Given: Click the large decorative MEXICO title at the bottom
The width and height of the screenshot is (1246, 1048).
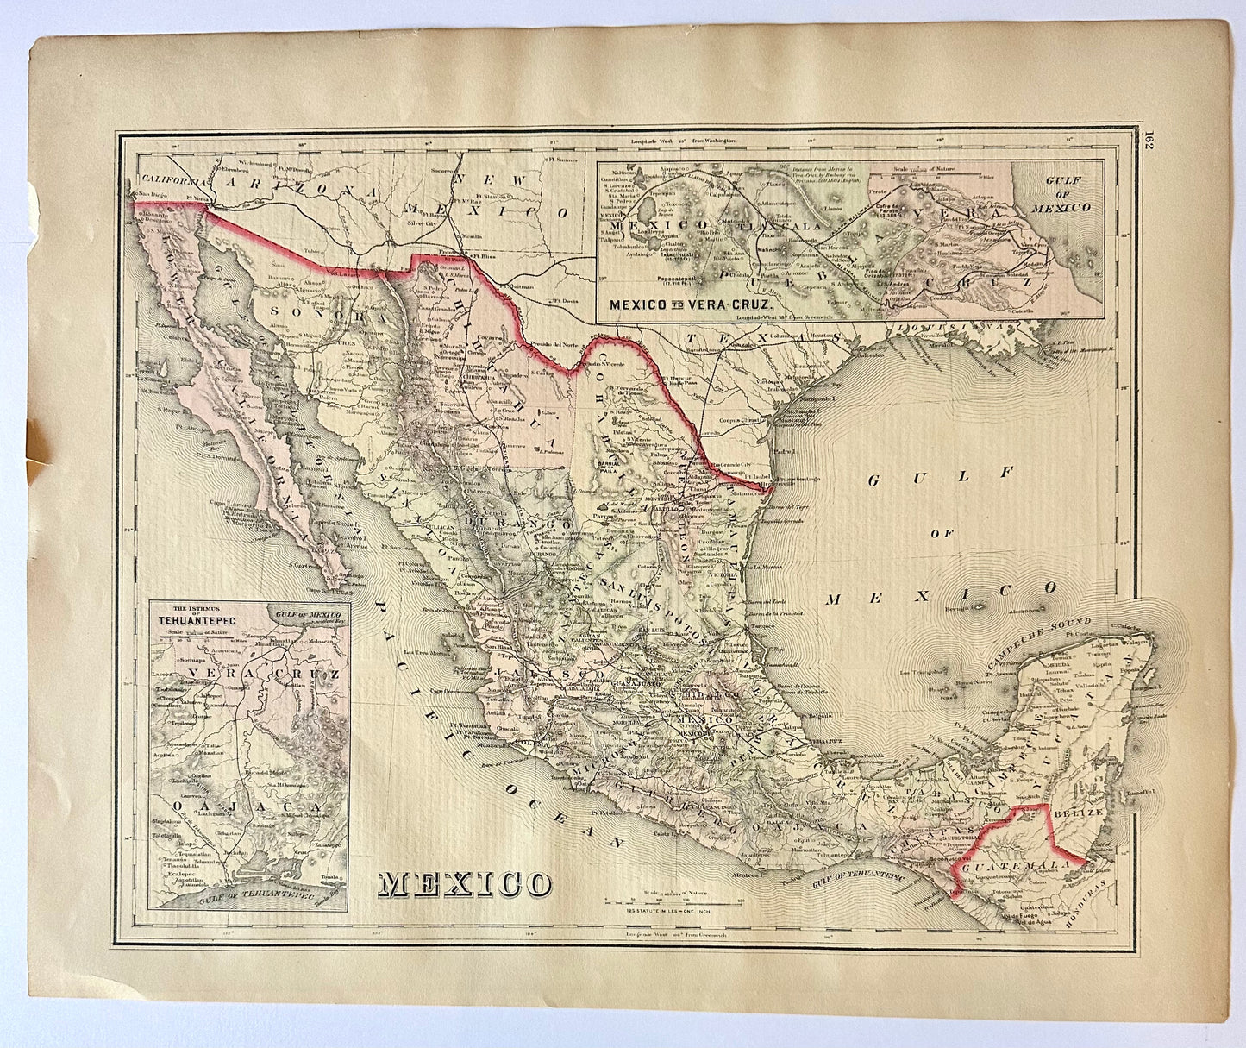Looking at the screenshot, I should tap(466, 883).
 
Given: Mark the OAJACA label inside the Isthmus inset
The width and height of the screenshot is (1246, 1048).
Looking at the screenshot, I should tap(199, 806).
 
